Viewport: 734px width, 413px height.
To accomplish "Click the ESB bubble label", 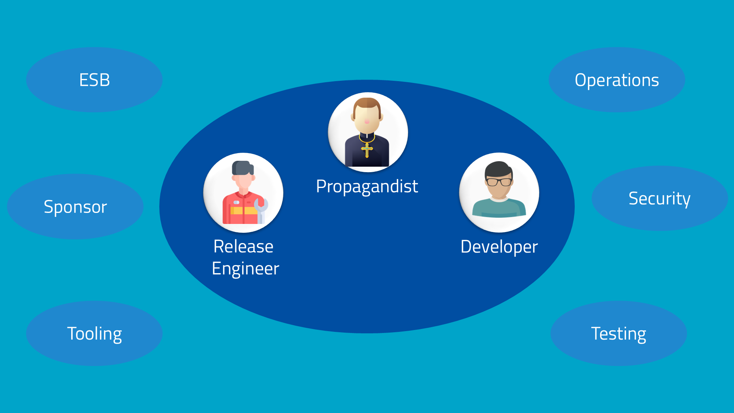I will pyautogui.click(x=94, y=80).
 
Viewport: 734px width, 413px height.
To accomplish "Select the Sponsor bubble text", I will pyautogui.click(x=75, y=207).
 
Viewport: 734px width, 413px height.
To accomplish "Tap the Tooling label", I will pyautogui.click(x=94, y=334).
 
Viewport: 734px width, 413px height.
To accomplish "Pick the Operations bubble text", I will pyautogui.click(x=617, y=80).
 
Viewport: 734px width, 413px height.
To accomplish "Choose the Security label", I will pyautogui.click(x=659, y=199).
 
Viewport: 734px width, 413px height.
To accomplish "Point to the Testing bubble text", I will pyautogui.click(x=618, y=334).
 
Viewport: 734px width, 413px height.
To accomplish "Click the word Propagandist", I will pyautogui.click(x=367, y=186).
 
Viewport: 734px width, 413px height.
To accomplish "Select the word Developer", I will pyautogui.click(x=499, y=247).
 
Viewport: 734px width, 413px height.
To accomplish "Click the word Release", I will pyautogui.click(x=243, y=246).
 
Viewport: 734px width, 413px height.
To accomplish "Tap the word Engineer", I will pyautogui.click(x=245, y=269).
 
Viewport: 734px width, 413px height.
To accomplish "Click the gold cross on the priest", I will pyautogui.click(x=367, y=150).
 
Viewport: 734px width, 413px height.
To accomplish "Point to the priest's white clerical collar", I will pyautogui.click(x=367, y=136).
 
